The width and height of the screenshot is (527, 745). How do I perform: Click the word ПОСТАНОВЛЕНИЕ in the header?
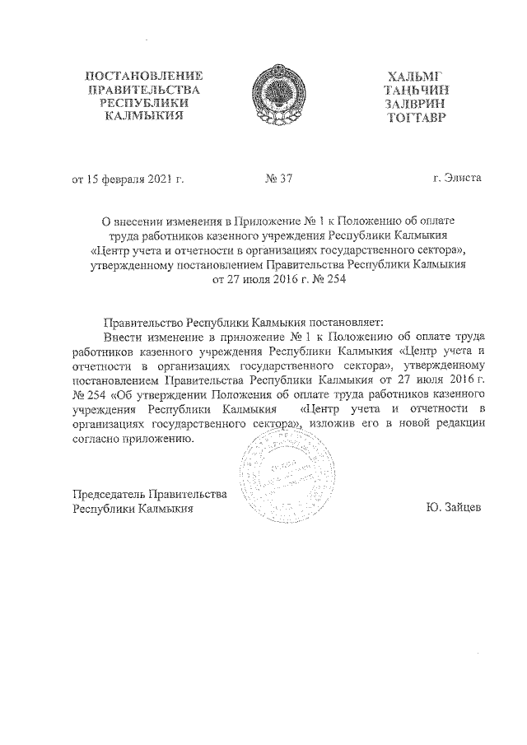pos(143,76)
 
